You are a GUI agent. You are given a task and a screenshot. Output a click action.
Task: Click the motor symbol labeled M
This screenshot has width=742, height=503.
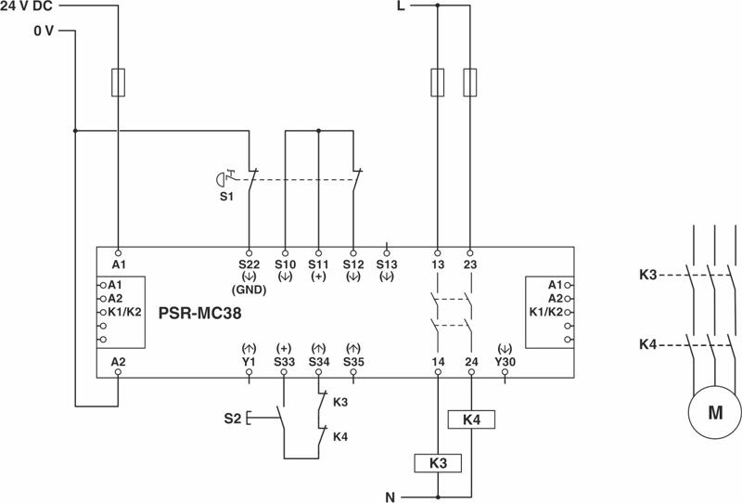pos(715,413)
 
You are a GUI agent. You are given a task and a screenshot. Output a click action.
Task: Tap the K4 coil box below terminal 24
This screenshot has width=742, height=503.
pos(470,419)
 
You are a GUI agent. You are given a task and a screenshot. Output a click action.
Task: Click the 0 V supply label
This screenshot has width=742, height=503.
pos(43,31)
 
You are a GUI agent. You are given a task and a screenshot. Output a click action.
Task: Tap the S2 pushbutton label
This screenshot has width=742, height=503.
pos(233,418)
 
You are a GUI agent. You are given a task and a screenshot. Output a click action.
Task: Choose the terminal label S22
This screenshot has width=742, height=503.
pos(249,264)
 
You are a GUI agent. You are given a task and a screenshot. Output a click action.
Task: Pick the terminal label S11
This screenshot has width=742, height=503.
pos(318,264)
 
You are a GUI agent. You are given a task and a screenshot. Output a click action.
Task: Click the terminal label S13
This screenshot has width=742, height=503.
pos(388,264)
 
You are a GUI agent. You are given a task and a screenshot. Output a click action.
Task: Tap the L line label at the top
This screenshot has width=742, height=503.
pos(401,6)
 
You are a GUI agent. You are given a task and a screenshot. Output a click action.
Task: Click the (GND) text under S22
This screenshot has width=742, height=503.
pos(249,289)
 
